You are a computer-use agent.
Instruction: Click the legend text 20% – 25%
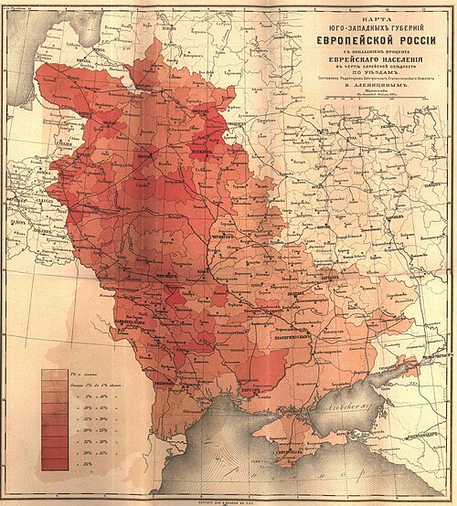pos(90,431)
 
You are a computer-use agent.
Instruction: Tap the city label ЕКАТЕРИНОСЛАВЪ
pos(312,321)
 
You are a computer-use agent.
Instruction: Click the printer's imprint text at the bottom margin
pos(228,500)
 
